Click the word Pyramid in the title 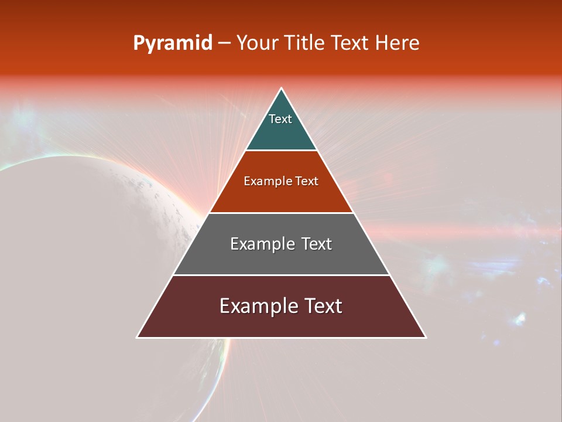173,43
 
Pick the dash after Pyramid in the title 224,43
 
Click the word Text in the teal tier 280,119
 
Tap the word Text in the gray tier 316,244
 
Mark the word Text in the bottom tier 323,306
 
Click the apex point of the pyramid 282,89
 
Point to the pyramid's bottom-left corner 138,337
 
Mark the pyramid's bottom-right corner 425,337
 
